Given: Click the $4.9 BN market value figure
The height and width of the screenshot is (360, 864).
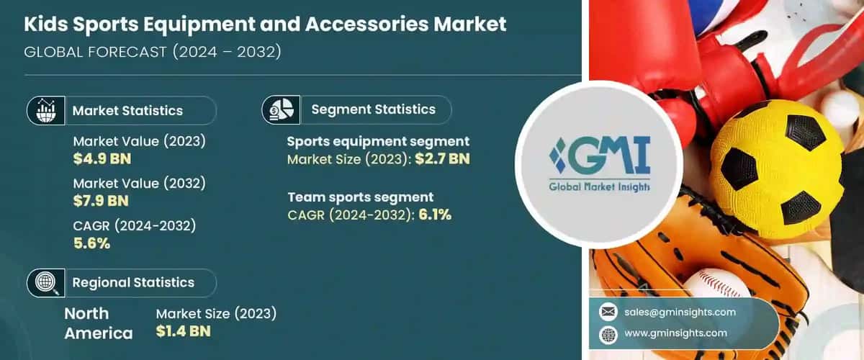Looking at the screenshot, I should tap(102, 159).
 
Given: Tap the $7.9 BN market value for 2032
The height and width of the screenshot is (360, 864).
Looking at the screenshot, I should tap(102, 202).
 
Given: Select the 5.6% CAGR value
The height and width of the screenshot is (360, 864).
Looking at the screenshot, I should tap(91, 243).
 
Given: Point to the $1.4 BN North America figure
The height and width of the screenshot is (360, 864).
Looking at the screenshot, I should tap(184, 332).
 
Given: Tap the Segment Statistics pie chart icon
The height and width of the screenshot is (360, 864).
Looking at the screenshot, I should tap(282, 109).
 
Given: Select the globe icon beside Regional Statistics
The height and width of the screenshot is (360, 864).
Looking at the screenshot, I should tap(46, 282).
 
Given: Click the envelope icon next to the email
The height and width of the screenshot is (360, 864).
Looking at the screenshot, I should tap(608, 312).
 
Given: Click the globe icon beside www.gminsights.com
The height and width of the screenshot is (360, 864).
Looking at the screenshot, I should tap(608, 333).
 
